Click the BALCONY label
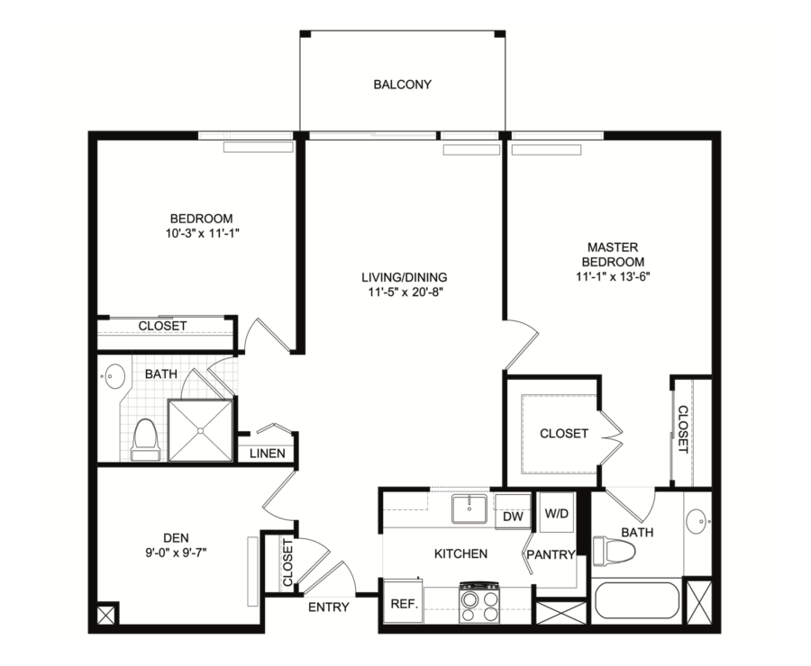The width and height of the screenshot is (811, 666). coord(402,85)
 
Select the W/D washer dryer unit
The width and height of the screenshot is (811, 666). coord(556,512)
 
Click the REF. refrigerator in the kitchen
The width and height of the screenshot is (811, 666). coord(404,602)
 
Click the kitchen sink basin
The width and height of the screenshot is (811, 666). coord(469,509)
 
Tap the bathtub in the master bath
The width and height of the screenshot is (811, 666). coord(637,600)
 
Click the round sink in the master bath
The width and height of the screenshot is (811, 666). coord(698,521)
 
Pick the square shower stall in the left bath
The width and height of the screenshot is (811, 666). coord(200,429)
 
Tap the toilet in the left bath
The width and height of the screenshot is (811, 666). coord(145,439)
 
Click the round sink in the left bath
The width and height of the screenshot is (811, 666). coord(114,376)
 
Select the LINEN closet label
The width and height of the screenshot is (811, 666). coord(267,454)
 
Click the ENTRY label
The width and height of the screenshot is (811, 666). coord(328,607)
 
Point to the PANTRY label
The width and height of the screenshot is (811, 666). coord(551,555)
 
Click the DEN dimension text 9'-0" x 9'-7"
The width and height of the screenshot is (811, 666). coord(176,553)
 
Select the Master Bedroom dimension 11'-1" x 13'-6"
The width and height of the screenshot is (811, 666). coord(613,276)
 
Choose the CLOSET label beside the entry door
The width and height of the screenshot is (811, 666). coord(287,562)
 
